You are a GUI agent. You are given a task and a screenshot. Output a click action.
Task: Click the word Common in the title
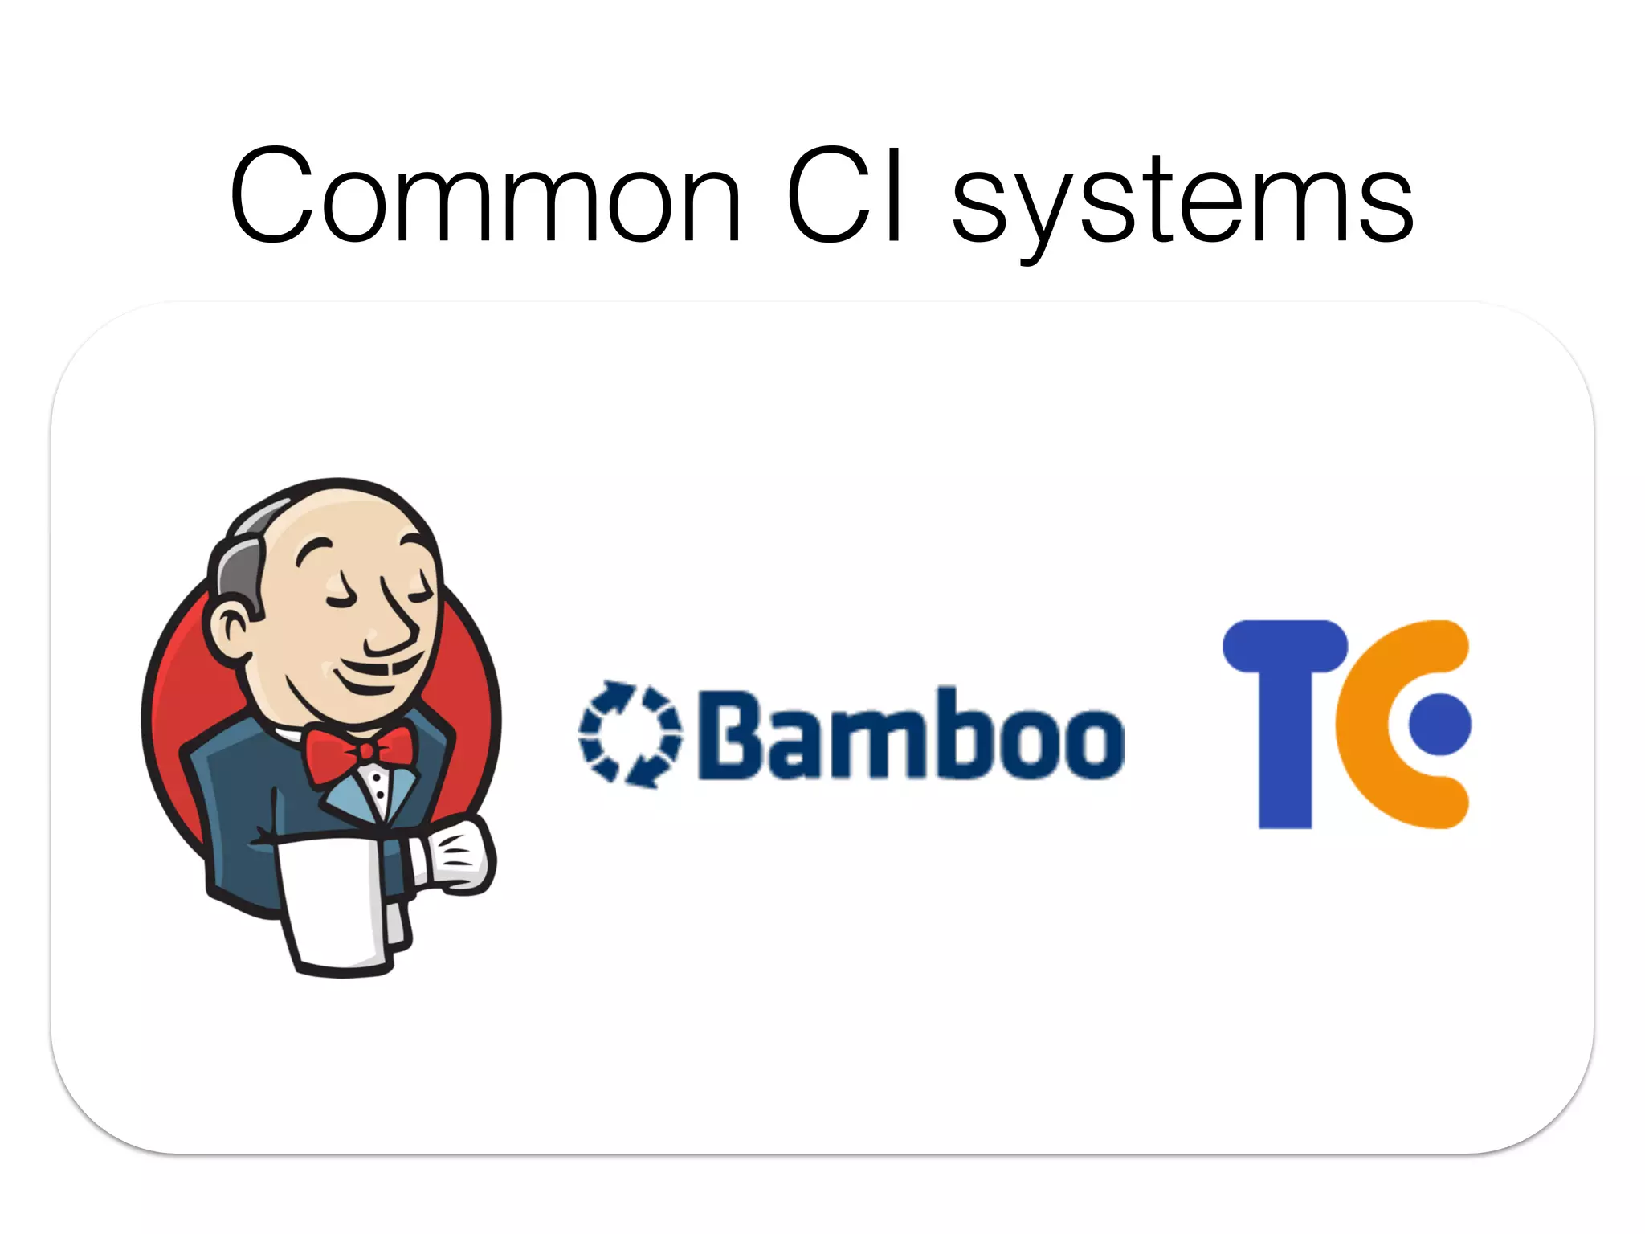(485, 197)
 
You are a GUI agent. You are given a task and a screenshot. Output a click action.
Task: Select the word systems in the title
(1182, 201)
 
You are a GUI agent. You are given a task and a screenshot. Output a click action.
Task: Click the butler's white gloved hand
(455, 855)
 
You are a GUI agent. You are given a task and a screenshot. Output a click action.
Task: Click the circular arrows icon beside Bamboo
(630, 733)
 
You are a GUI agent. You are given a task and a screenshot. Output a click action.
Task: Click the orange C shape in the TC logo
(1365, 723)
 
